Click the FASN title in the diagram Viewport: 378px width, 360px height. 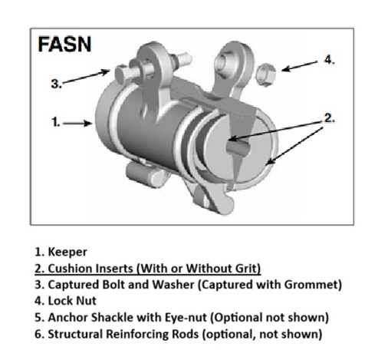[64, 45]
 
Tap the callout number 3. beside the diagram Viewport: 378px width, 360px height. [57, 84]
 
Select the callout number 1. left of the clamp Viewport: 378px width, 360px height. [56, 122]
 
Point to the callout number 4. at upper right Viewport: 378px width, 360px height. [330, 60]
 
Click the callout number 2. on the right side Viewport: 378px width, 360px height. [330, 118]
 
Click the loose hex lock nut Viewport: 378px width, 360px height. [266, 75]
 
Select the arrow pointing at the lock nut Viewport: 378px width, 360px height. [300, 66]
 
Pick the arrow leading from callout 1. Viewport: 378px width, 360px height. [77, 124]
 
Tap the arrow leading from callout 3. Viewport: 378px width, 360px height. [86, 76]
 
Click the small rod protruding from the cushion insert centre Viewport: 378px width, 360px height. [238, 147]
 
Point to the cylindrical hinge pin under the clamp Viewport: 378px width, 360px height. [143, 174]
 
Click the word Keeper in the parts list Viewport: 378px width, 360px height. [67, 252]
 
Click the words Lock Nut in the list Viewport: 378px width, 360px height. [72, 301]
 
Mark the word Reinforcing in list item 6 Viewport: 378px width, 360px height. [137, 334]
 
